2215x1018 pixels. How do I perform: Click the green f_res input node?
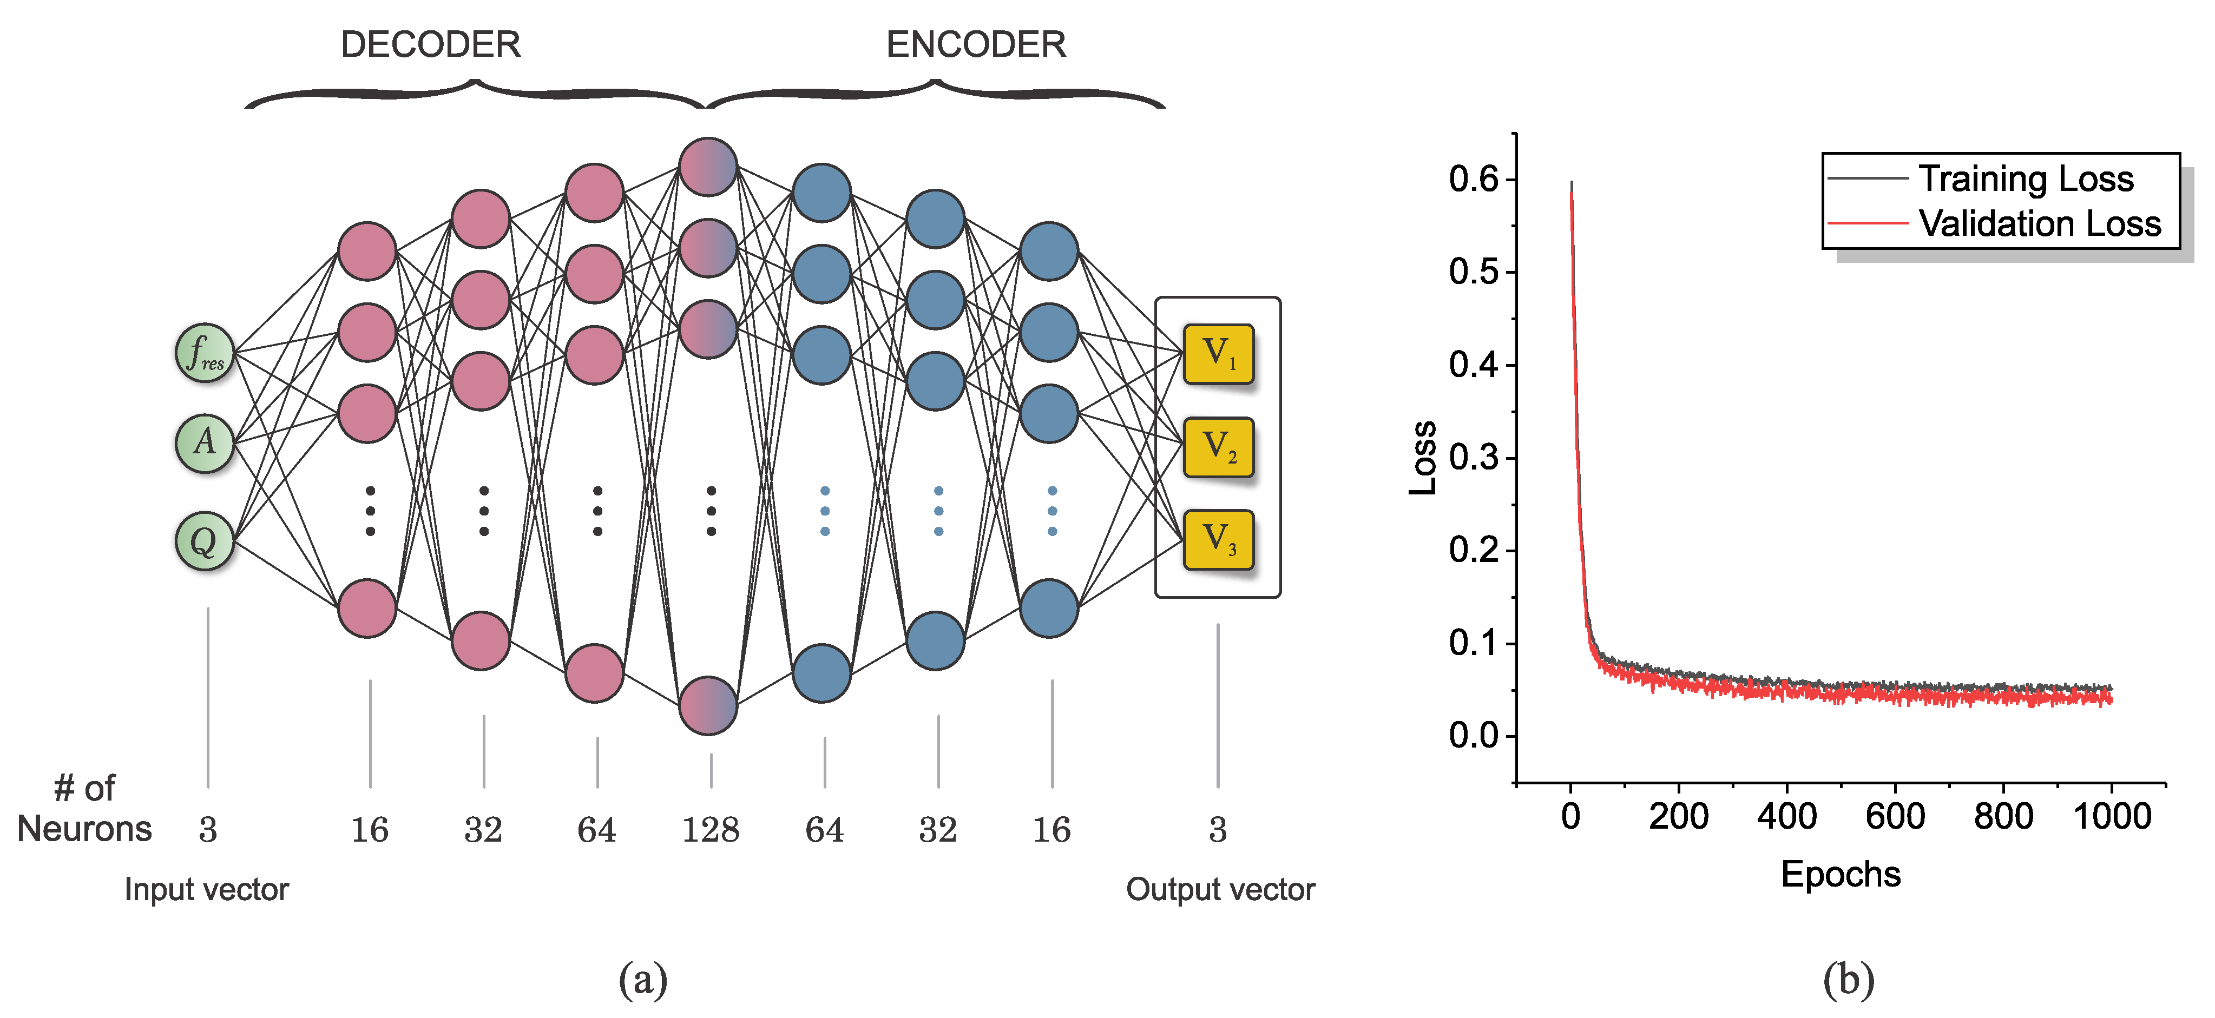[205, 353]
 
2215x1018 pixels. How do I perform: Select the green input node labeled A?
[205, 444]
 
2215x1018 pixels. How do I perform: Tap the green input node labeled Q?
[205, 541]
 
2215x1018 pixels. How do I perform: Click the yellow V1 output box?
[1218, 353]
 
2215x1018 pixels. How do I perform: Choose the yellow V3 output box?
[1218, 540]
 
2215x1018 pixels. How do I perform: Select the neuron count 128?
[710, 830]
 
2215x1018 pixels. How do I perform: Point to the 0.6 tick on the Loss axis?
[1473, 179]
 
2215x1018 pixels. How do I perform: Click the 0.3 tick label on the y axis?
[1473, 458]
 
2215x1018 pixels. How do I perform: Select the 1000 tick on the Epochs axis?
[2112, 816]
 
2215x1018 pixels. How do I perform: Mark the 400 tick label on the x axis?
[1787, 816]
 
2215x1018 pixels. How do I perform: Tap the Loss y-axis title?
[1423, 458]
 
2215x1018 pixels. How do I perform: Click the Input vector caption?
[206, 889]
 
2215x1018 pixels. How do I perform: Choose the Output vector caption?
[1220, 889]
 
